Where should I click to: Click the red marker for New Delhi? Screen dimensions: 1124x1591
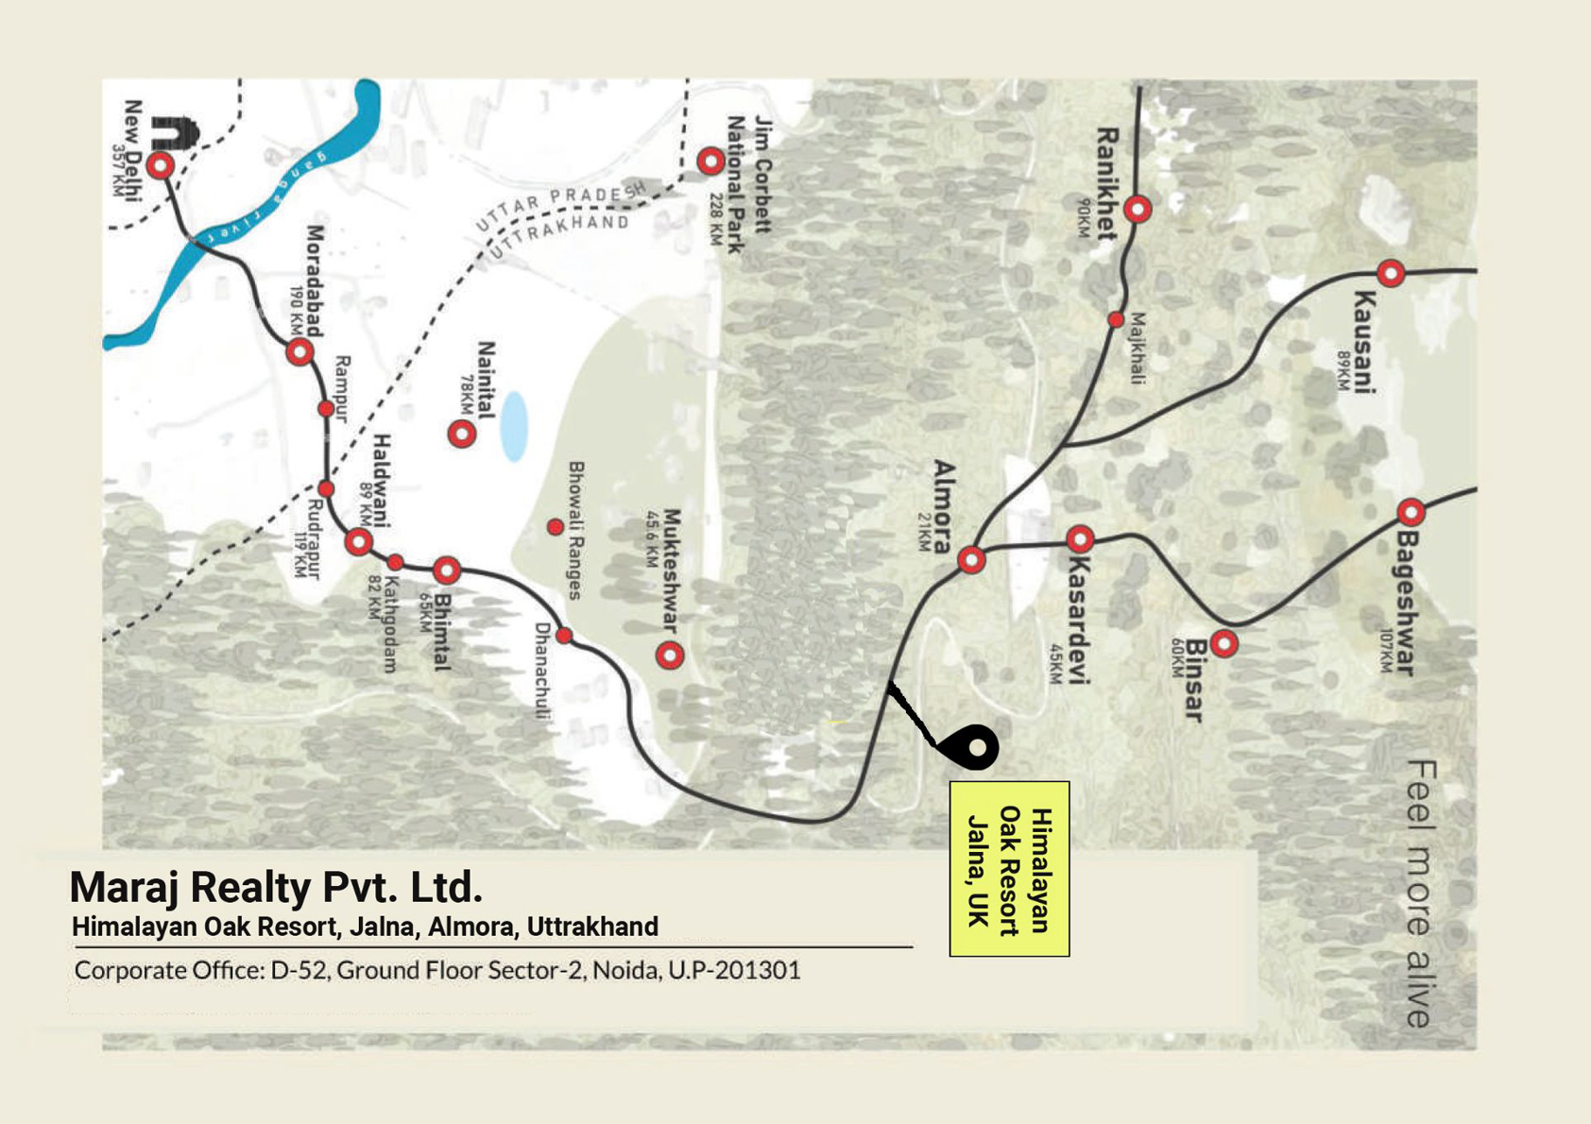tap(161, 165)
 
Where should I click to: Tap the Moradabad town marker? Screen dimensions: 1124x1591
tap(299, 352)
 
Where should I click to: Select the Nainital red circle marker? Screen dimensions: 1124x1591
tap(461, 434)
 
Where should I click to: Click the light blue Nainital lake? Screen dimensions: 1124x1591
tap(514, 427)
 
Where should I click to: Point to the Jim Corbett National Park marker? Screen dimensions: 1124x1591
tap(710, 162)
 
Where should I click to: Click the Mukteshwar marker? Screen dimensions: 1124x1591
tap(670, 655)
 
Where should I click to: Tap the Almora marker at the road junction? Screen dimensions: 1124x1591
tap(971, 560)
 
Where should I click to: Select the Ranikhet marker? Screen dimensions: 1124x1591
tap(1138, 209)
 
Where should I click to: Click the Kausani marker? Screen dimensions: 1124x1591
tap(1391, 274)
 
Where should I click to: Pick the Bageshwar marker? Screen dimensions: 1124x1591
tap(1411, 512)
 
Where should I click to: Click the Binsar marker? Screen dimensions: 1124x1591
tap(1224, 644)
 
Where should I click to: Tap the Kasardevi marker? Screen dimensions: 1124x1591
tap(1080, 539)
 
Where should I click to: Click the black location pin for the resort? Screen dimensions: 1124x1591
tap(973, 747)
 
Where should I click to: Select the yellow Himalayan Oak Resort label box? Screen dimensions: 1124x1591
tap(1009, 869)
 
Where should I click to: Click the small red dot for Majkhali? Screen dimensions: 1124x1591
tap(1116, 320)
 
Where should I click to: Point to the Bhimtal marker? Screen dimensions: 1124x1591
tap(447, 571)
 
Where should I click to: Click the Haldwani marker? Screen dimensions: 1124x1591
tap(358, 542)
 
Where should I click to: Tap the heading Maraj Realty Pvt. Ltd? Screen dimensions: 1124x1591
tap(276, 887)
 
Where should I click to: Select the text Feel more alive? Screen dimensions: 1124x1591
tap(1419, 894)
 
